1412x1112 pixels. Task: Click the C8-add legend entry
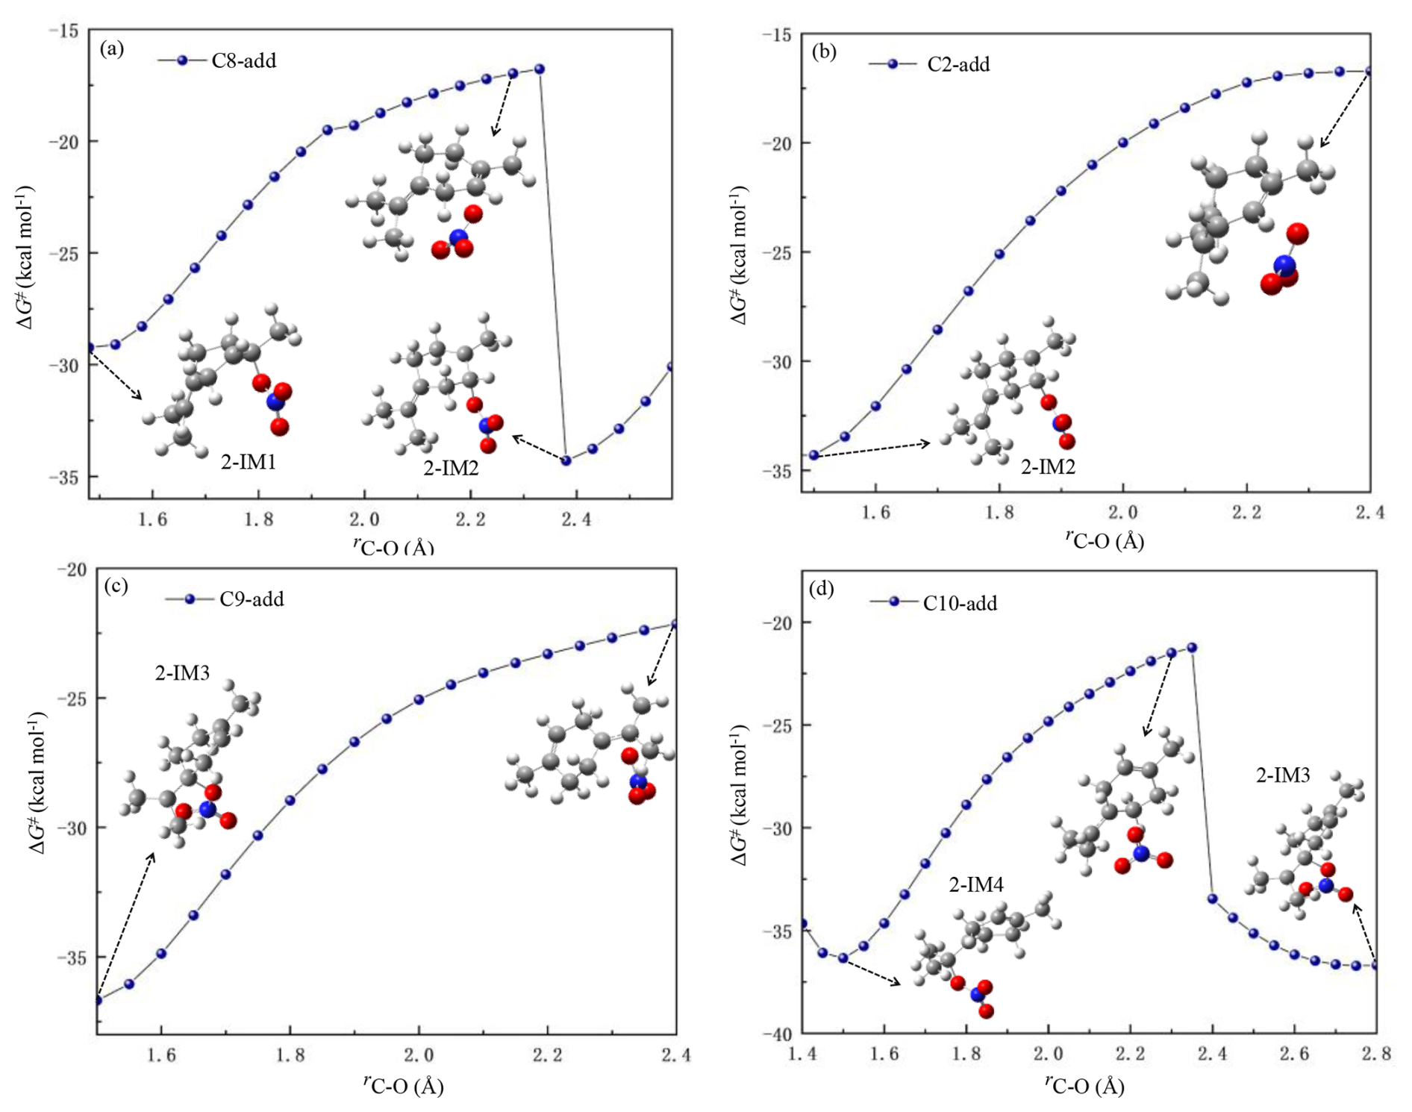pyautogui.click(x=243, y=60)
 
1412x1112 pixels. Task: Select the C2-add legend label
pyautogui.click(x=958, y=65)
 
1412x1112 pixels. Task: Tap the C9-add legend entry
pyautogui.click(x=251, y=599)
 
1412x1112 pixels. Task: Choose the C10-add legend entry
pyautogui.click(x=959, y=603)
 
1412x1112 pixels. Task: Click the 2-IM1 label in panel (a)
pyautogui.click(x=249, y=463)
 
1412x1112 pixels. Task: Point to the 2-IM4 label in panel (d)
pyautogui.click(x=975, y=885)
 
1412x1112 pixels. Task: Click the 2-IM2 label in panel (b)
pyautogui.click(x=1048, y=467)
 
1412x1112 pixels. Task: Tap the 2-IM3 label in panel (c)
pyautogui.click(x=182, y=673)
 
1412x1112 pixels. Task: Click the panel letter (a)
pyautogui.click(x=111, y=49)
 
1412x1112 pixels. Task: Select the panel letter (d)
pyautogui.click(x=821, y=590)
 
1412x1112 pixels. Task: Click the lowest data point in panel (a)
pyautogui.click(x=566, y=460)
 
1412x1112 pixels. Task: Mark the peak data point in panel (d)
pyautogui.click(x=1192, y=648)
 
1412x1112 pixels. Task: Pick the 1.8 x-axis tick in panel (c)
pyautogui.click(x=290, y=1055)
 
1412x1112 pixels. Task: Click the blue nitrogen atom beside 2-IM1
pyautogui.click(x=274, y=402)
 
